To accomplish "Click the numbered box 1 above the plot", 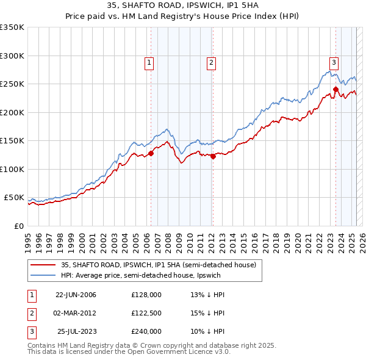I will [149, 62].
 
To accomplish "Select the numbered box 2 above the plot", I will [211, 62].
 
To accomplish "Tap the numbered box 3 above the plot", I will [334, 62].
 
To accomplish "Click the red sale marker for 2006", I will [151, 154].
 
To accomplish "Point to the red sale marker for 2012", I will [213, 157].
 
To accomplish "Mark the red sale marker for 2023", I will [335, 90].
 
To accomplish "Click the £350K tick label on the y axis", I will [12, 27].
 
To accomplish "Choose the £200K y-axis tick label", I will [12, 112].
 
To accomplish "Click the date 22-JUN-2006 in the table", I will [76, 295].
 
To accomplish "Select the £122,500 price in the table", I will [146, 313].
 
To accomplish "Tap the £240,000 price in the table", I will [146, 331].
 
